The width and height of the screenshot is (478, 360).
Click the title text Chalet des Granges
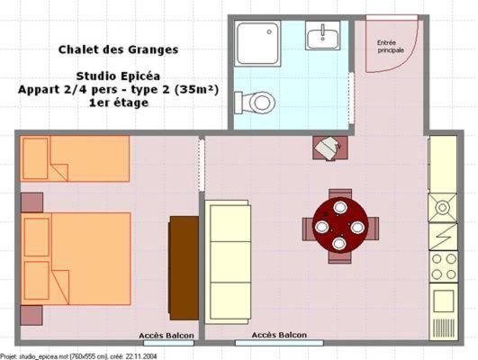(x=119, y=50)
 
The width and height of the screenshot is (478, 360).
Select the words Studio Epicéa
(x=118, y=76)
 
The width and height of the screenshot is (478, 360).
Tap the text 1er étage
(x=118, y=103)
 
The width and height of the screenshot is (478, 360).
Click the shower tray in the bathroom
(x=259, y=43)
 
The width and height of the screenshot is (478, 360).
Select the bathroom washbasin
(x=321, y=38)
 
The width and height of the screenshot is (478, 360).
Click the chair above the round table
(x=340, y=193)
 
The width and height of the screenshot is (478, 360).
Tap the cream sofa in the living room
(x=227, y=260)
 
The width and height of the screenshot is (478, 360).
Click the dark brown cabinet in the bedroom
(x=184, y=267)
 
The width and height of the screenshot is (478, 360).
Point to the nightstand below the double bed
(x=32, y=315)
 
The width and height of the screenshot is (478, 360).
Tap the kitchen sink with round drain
(x=443, y=208)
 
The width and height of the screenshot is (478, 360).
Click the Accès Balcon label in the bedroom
(x=167, y=337)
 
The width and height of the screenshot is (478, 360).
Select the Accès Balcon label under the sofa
(x=278, y=336)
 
